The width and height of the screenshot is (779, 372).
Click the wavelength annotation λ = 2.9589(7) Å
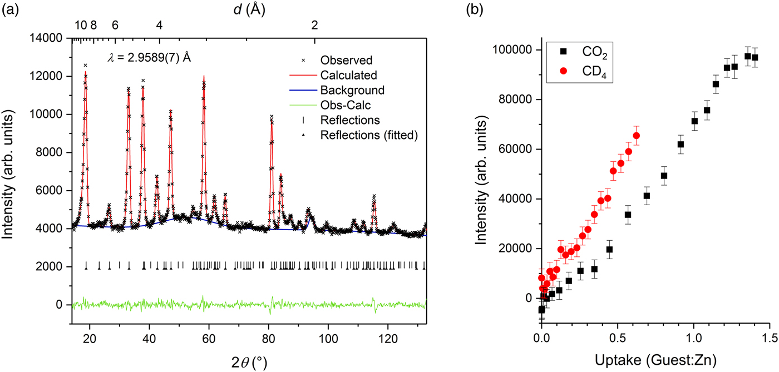[149, 57]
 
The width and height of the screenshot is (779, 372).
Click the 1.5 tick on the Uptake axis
[769, 338]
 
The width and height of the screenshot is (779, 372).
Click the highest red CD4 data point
[636, 136]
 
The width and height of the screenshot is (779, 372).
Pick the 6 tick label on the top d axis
[115, 25]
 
